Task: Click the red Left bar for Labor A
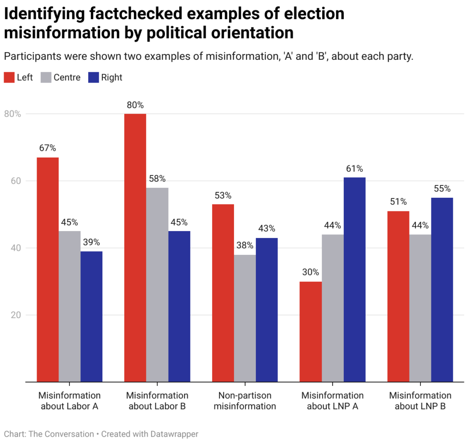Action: point(48,269)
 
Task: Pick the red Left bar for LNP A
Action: point(311,332)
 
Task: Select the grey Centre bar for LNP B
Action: point(420,308)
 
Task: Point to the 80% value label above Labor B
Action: point(135,105)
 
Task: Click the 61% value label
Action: point(354,169)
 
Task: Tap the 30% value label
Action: point(311,273)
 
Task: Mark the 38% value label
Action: point(245,246)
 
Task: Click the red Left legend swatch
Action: point(9,77)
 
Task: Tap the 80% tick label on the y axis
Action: point(13,114)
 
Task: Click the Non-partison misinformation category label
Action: point(245,401)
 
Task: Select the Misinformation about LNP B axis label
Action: point(420,401)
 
